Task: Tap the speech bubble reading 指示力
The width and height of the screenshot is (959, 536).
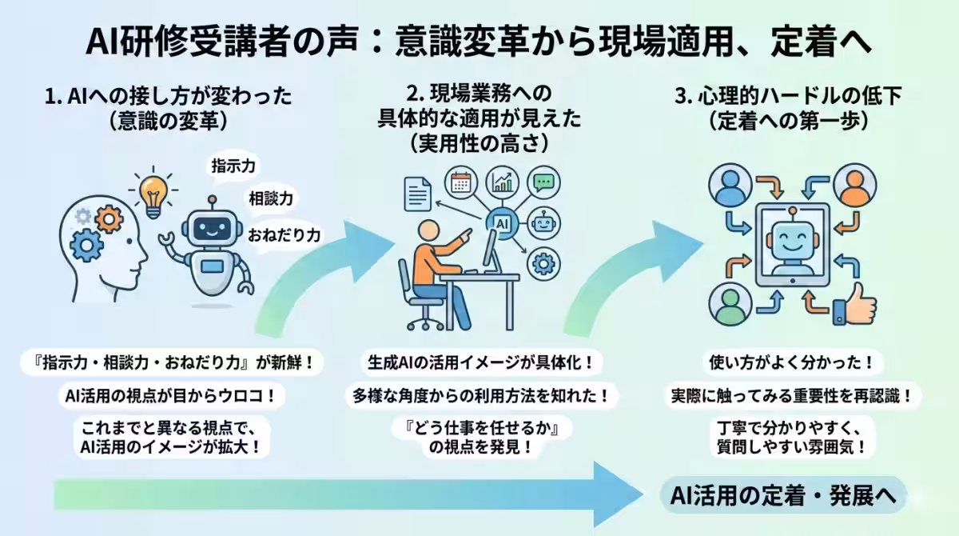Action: coord(233,166)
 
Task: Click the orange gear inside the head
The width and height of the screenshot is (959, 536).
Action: coord(109,218)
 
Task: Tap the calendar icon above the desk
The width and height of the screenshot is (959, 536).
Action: coord(460,182)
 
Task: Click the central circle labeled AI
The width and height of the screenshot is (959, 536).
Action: coord(503,222)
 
